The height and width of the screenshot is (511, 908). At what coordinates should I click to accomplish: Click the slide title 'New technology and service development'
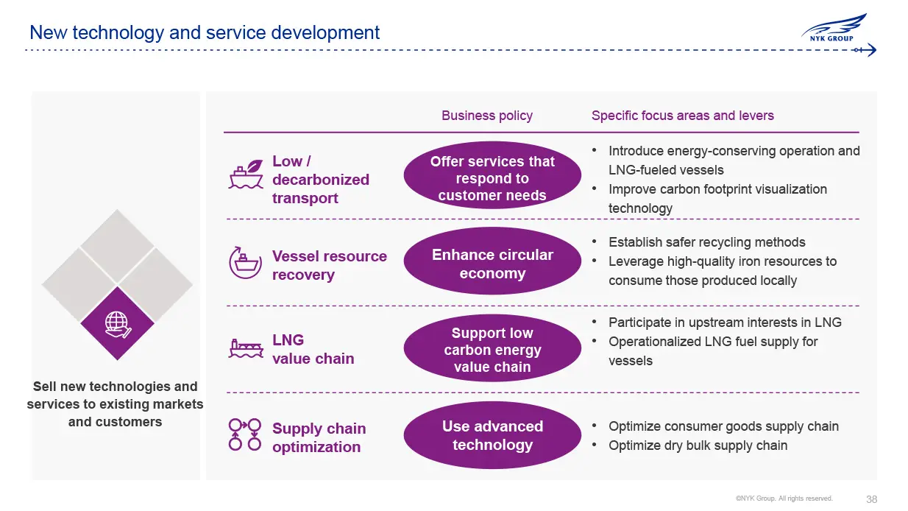click(x=205, y=33)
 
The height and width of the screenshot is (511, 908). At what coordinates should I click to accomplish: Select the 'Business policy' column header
click(x=486, y=116)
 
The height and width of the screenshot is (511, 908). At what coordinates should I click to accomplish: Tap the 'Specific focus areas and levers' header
click(x=682, y=116)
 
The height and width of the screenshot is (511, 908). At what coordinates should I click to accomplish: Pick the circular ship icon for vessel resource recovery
click(x=246, y=262)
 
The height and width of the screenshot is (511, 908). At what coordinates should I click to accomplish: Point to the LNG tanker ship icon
click(x=246, y=348)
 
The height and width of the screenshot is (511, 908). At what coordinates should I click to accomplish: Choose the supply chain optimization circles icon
click(x=245, y=435)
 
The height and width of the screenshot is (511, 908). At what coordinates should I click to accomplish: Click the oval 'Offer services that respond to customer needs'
click(x=492, y=178)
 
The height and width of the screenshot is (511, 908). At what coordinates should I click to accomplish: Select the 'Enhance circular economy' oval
click(x=492, y=264)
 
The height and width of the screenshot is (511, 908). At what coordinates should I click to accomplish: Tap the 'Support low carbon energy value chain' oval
click(x=492, y=350)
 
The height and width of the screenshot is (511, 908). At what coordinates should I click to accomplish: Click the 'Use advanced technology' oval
click(x=492, y=435)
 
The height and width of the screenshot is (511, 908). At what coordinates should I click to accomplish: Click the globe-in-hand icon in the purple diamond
click(x=118, y=324)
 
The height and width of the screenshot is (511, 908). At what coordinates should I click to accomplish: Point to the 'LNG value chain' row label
click(x=313, y=349)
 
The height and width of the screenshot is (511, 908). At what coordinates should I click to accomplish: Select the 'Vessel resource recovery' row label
click(x=329, y=265)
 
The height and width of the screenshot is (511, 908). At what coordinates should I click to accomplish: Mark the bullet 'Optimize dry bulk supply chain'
click(x=698, y=445)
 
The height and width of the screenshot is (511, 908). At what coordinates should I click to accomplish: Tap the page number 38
click(x=871, y=499)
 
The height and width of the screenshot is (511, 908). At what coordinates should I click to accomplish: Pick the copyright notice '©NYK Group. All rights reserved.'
click(x=784, y=498)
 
